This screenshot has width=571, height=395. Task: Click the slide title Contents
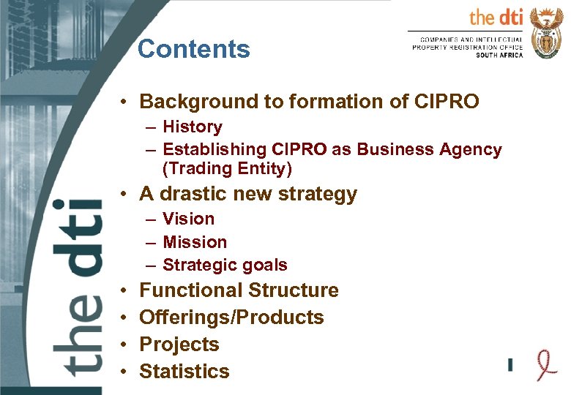tap(193, 49)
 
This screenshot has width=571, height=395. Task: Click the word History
tap(193, 127)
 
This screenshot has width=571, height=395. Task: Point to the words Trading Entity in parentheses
tap(227, 169)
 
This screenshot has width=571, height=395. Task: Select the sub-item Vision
tap(189, 219)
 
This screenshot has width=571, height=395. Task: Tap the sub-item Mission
tap(195, 241)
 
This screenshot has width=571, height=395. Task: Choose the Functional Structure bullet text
tap(239, 290)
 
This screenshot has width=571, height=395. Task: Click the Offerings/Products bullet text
tap(231, 317)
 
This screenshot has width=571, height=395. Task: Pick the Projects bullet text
tap(179, 345)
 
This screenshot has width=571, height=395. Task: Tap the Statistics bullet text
tap(184, 372)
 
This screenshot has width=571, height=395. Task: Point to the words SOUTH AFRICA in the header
tap(499, 56)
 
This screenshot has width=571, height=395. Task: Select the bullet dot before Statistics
tap(127, 372)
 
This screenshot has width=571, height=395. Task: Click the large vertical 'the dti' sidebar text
tap(77, 285)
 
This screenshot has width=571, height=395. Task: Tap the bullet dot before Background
tap(127, 101)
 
